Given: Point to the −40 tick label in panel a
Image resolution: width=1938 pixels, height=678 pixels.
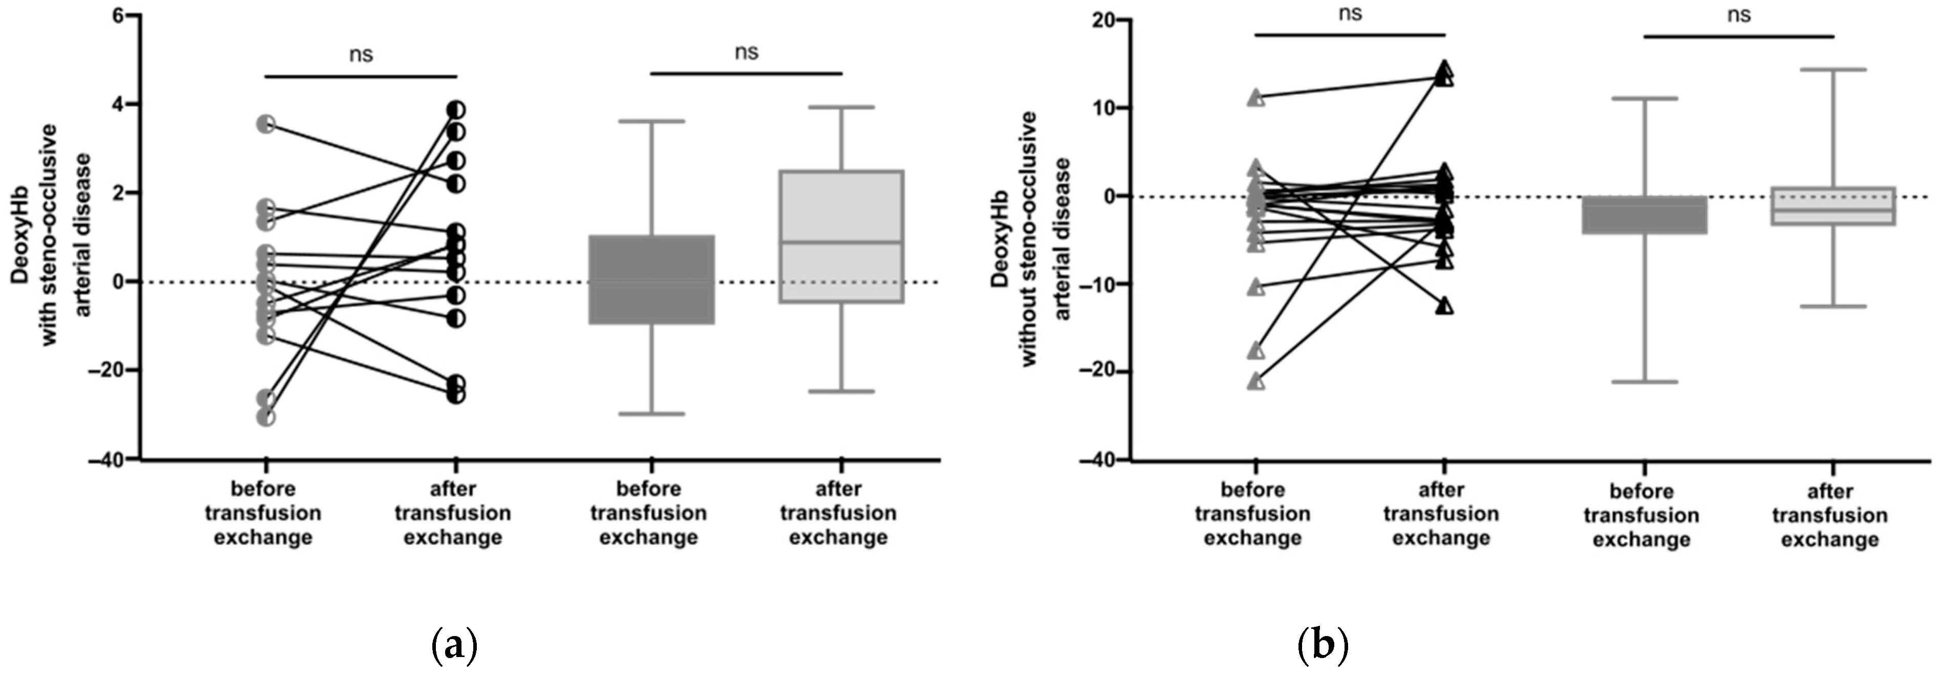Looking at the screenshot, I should (107, 460).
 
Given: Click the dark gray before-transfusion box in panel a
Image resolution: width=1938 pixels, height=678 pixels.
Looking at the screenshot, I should (651, 279).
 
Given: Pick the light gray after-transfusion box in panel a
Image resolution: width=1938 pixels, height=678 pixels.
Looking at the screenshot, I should (842, 236).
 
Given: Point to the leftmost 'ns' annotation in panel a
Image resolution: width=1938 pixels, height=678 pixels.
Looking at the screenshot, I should (361, 54).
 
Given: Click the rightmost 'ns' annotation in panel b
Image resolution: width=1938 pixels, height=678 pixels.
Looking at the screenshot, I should (1738, 14).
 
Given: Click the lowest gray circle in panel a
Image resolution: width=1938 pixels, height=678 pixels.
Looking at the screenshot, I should (266, 416).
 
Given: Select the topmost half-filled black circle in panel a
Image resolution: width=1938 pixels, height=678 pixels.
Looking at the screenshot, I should (455, 110).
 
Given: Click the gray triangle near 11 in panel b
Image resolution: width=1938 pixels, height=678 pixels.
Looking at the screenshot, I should (1256, 97).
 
